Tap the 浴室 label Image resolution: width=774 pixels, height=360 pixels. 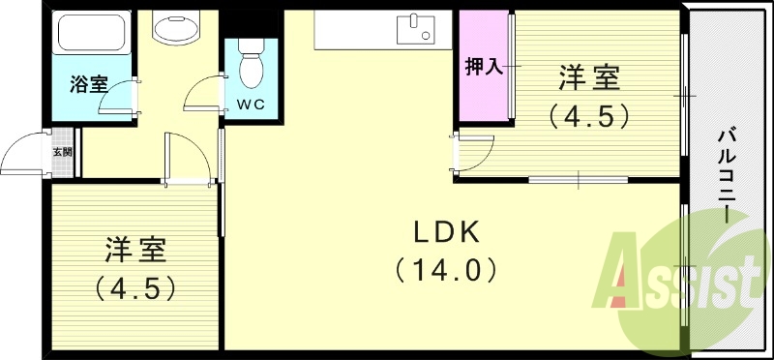tap(88, 85)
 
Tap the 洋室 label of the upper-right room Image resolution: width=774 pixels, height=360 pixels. tap(590, 75)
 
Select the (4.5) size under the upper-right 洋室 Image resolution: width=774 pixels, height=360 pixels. tap(590, 115)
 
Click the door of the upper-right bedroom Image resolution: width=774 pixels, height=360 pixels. tap(474, 151)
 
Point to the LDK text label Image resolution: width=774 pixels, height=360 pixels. tap(447, 232)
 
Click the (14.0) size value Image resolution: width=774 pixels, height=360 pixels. tap(447, 269)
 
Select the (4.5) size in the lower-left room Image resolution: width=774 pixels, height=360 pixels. tap(135, 287)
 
